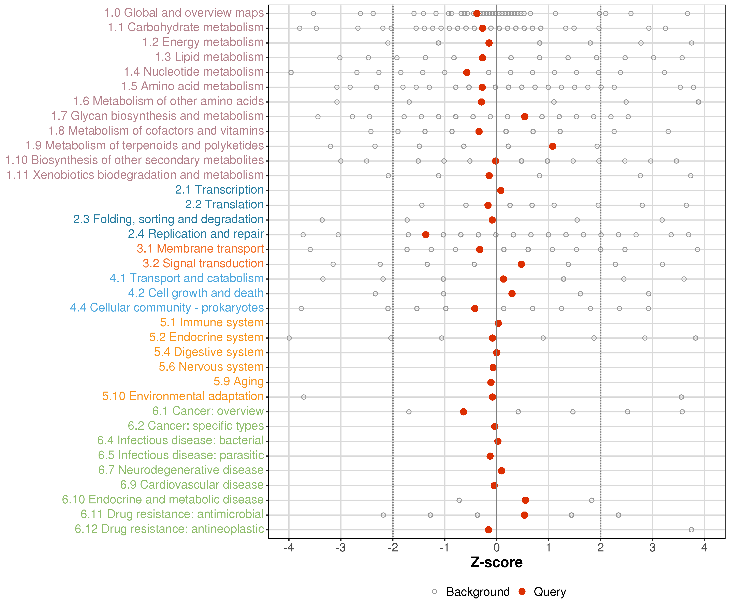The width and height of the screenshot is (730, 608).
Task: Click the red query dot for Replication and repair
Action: (425, 235)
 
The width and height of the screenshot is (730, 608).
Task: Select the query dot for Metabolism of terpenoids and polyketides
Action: (552, 146)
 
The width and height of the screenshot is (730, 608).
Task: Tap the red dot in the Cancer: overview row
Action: (463, 412)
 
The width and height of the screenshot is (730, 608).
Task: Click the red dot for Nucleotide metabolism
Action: (467, 72)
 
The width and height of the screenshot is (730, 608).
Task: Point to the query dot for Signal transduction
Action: (521, 264)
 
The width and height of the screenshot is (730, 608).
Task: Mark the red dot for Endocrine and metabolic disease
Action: (525, 500)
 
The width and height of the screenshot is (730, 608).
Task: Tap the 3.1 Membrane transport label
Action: (200, 249)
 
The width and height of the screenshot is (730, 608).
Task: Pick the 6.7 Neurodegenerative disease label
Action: (181, 470)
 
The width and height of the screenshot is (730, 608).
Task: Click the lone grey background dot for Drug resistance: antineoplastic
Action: (691, 530)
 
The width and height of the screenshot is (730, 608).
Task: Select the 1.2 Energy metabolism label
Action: (203, 42)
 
